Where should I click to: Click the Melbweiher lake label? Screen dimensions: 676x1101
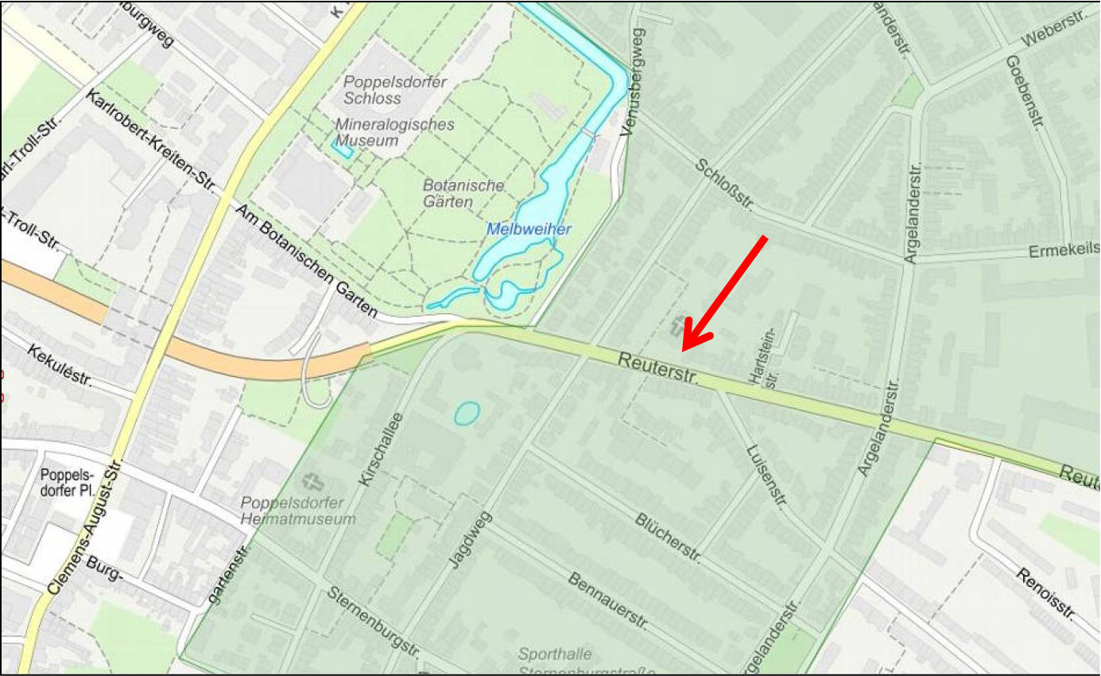pos(529,229)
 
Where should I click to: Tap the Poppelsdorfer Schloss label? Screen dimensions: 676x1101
pos(395,91)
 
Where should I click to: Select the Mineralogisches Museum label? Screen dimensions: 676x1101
pos(395,133)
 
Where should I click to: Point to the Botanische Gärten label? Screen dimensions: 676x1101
pos(463,193)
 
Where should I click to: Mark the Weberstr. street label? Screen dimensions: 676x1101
pos(1053,29)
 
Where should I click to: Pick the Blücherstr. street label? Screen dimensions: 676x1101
pos(668,539)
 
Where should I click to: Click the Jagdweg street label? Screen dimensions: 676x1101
pos(471,540)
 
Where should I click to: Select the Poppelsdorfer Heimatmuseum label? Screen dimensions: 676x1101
pos(298,511)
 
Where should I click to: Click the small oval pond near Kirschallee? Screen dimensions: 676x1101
pos(467,413)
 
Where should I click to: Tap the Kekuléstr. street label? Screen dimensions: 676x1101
pos(60,365)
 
